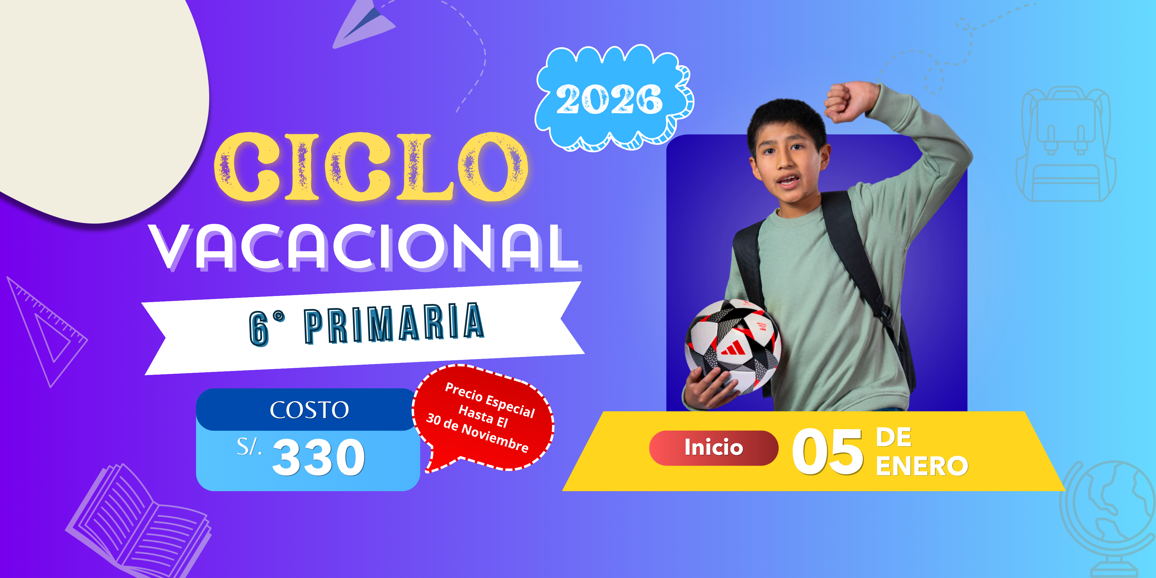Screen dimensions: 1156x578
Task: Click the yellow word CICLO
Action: (x=371, y=167)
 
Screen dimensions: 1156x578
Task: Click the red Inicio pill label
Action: (x=713, y=447)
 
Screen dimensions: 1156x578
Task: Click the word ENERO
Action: (x=922, y=466)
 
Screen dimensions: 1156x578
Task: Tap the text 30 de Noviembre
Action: (x=477, y=433)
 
